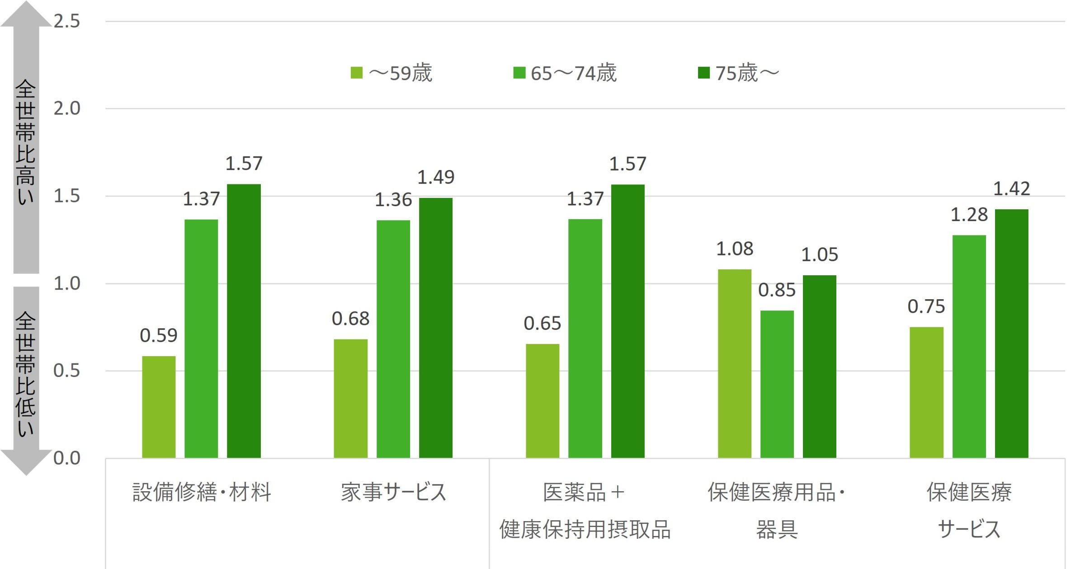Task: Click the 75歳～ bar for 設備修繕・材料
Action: [x=244, y=321]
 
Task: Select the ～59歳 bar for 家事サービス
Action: [x=350, y=398]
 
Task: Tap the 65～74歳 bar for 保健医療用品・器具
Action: [x=777, y=384]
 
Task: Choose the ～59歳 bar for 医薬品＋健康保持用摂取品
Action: [x=542, y=400]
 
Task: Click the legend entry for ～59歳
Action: [x=392, y=73]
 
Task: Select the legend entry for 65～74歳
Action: [x=565, y=73]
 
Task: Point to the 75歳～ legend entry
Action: [x=739, y=73]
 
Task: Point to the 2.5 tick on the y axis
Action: [x=67, y=21]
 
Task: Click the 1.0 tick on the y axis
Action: [x=67, y=283]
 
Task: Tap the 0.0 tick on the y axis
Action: [x=67, y=458]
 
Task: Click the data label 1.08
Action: [x=735, y=249]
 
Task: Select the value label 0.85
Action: [x=777, y=290]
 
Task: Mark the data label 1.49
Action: [x=435, y=177]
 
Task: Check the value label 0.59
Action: [x=158, y=335]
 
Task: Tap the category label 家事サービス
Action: [x=393, y=492]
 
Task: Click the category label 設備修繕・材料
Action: [x=202, y=492]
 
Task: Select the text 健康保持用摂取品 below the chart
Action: [x=585, y=529]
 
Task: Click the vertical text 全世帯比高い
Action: [x=26, y=142]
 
